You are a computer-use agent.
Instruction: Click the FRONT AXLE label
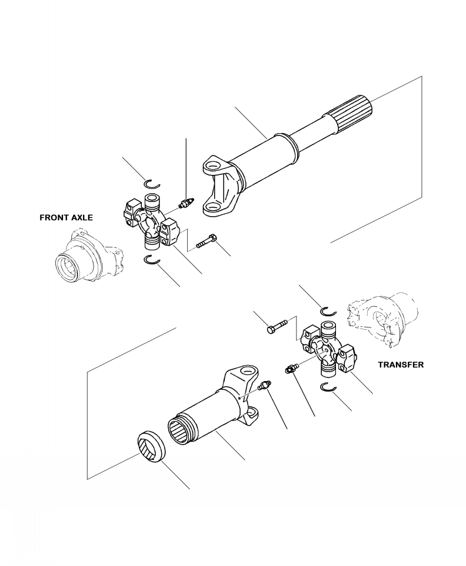66,217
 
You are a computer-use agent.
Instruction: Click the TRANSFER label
401,365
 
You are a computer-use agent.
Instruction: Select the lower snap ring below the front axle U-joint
152,261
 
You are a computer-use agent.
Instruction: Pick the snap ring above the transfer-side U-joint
328,311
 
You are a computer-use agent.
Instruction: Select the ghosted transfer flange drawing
382,315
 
